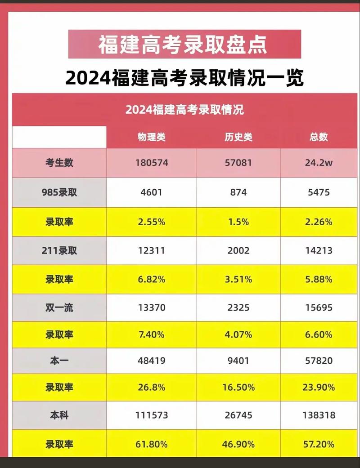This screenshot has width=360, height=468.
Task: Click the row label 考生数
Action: coord(59,163)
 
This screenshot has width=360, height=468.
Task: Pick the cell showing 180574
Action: coord(152,163)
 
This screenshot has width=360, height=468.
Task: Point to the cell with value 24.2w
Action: coord(319,163)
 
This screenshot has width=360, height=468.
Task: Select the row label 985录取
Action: coord(59,192)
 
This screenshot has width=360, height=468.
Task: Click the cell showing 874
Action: coord(238,192)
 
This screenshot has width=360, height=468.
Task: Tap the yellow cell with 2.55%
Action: coord(152,222)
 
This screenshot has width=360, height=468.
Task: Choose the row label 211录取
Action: coord(59,250)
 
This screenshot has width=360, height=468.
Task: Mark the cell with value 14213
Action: coord(319,250)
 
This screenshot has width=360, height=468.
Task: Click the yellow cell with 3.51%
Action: coord(238,279)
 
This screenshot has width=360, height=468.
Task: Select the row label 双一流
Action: coord(59,308)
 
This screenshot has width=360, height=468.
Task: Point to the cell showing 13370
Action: coord(152,308)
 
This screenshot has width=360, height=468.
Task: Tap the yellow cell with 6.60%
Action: coord(319,334)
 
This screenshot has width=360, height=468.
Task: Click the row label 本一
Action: coord(59,361)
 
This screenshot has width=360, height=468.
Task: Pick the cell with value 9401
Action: coord(238,361)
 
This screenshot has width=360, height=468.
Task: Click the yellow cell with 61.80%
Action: coord(152,445)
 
